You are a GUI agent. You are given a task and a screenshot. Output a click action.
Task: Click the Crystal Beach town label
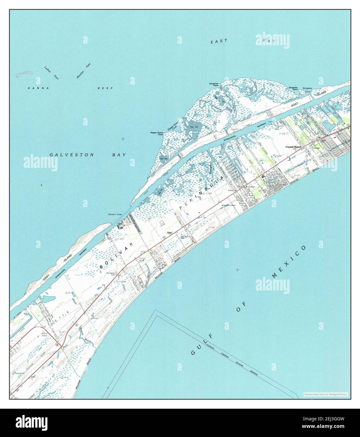[x=293, y=147]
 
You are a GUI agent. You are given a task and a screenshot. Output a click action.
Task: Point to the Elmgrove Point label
[x=214, y=85]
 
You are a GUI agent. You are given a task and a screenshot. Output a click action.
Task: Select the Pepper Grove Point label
[x=156, y=134]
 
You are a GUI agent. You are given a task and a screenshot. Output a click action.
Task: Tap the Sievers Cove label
[x=115, y=214]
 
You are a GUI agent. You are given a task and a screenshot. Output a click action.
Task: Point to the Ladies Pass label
[x=51, y=72]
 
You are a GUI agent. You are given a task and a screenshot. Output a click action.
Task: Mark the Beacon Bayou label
[x=84, y=336]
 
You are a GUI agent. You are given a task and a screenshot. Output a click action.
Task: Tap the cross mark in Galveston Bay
[x=123, y=139]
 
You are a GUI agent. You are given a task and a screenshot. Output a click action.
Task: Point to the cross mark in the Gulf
[x=237, y=269]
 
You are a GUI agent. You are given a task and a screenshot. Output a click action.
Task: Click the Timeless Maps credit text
[x=325, y=394]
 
